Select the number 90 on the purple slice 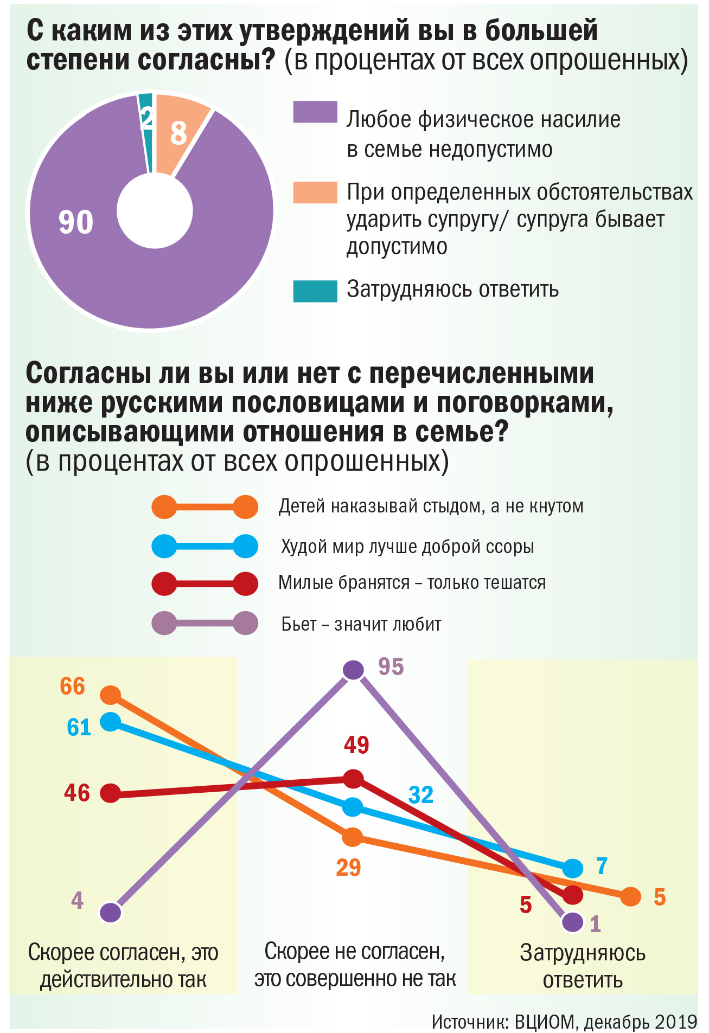76,222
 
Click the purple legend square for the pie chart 315,112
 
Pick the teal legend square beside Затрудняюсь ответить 315,291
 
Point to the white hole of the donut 155,211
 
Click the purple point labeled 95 353,670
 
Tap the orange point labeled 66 111,695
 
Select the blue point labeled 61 111,721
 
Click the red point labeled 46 111,793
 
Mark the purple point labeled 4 111,912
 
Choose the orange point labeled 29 353,837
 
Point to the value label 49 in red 356,745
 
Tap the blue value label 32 421,795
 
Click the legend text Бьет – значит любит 361,624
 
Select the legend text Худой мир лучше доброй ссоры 407,546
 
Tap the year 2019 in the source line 675,1022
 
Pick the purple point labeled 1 573,921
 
